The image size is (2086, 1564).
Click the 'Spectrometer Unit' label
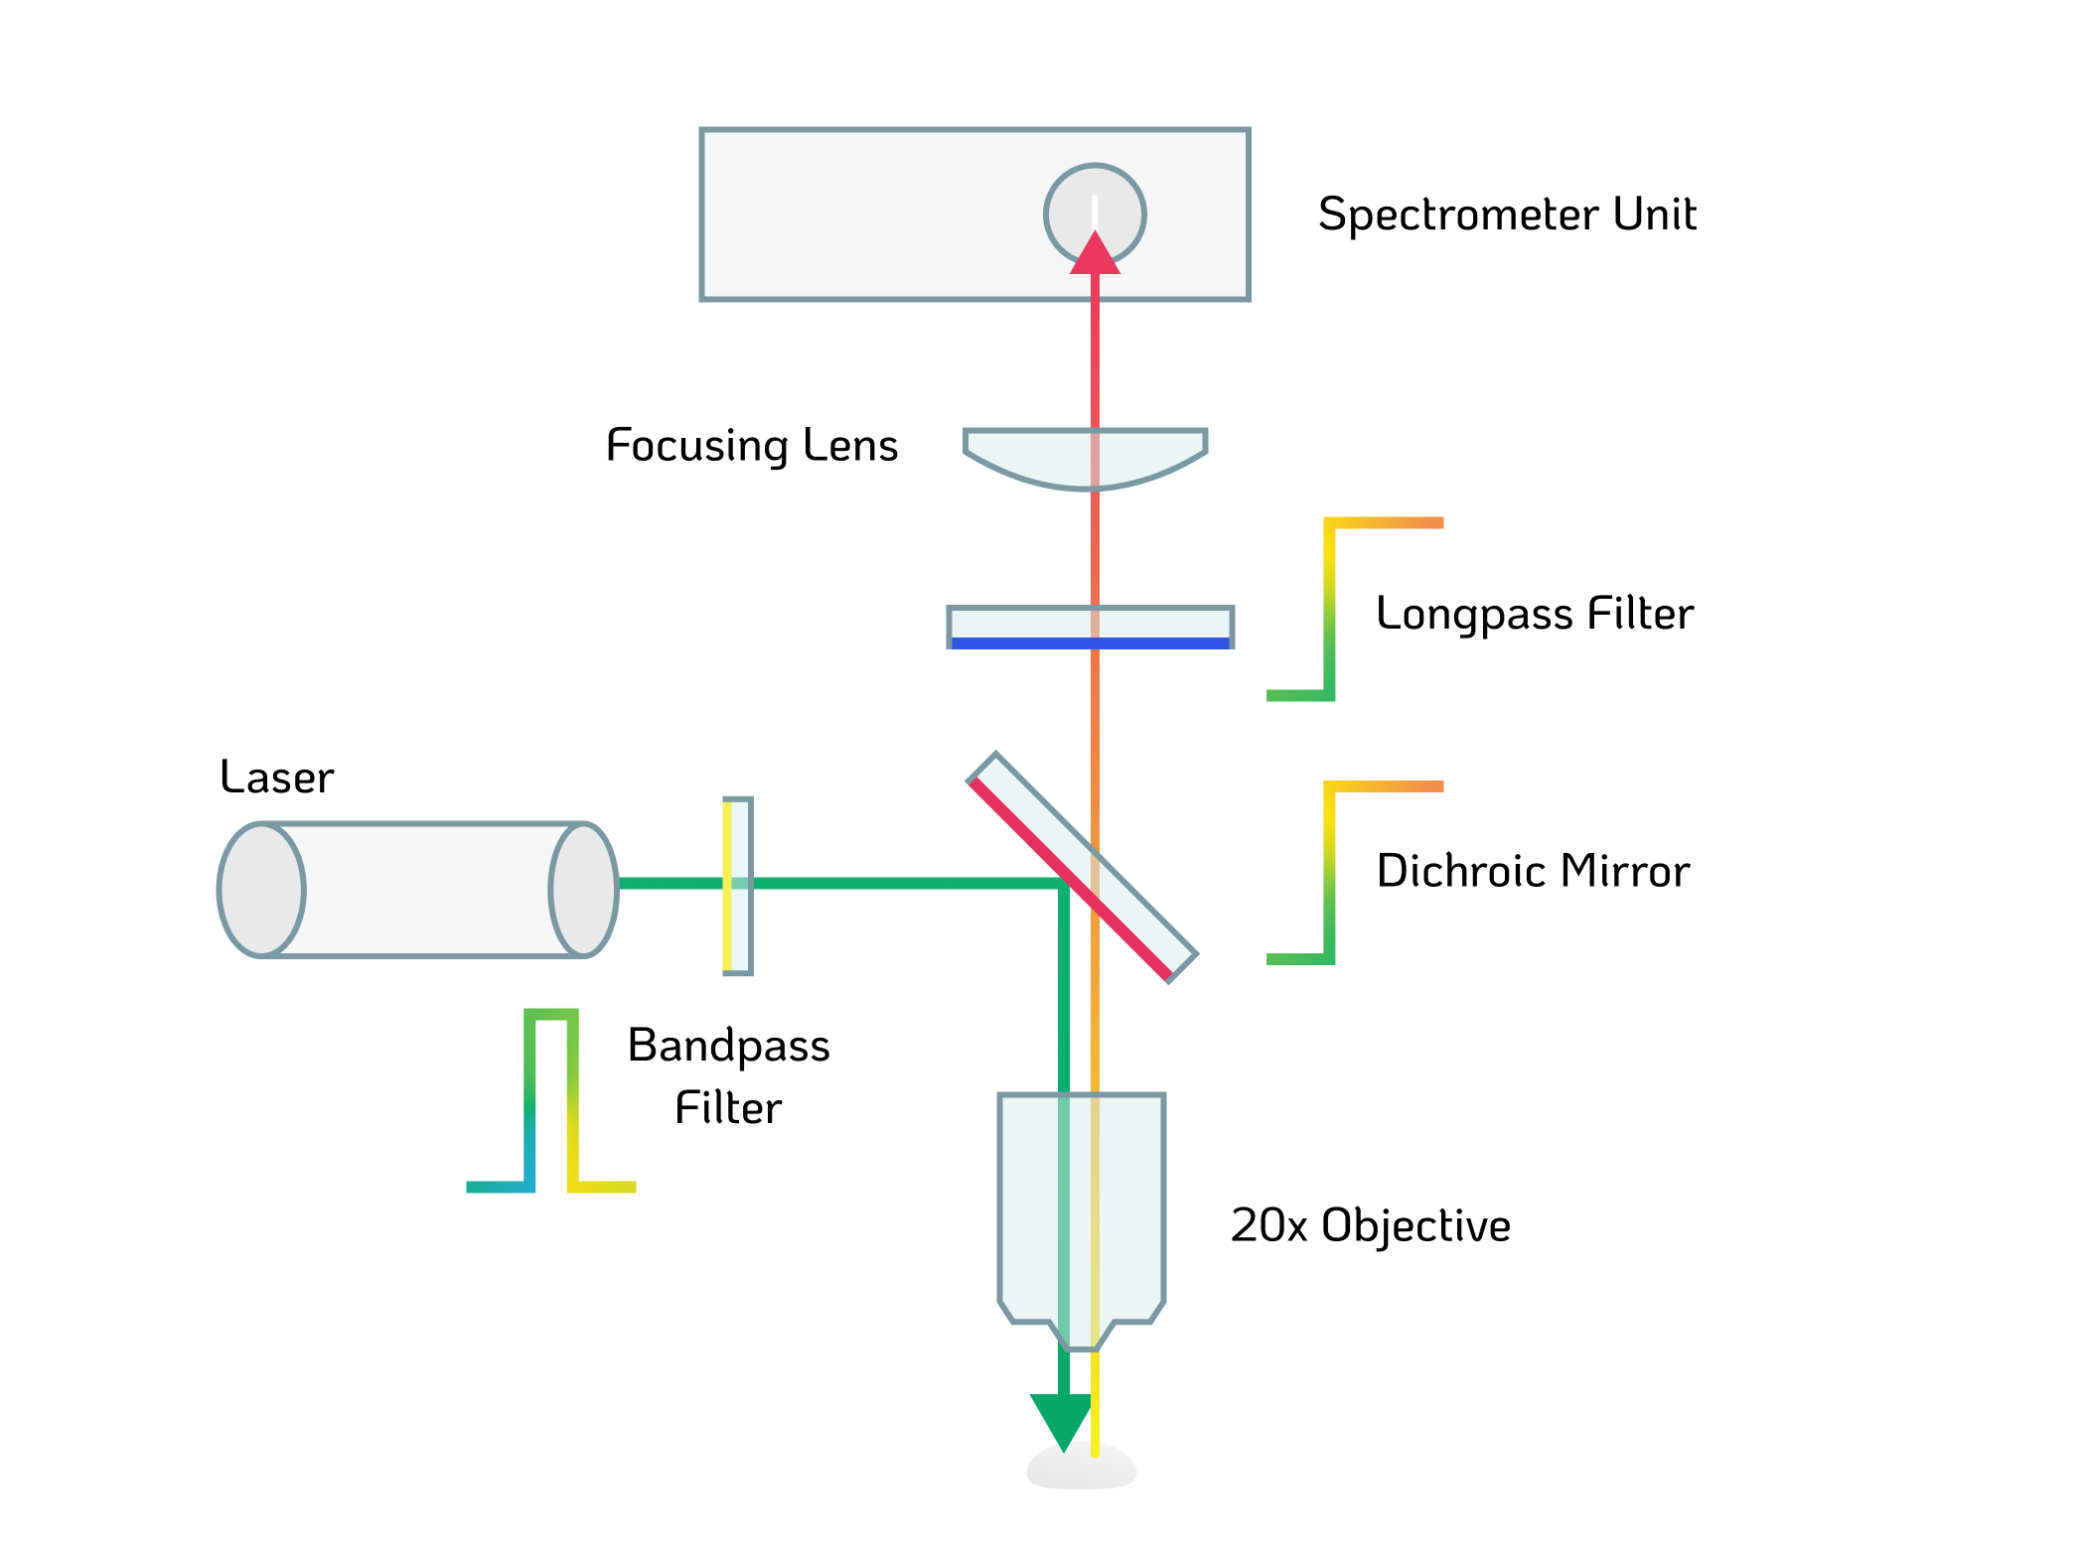pyautogui.click(x=1506, y=214)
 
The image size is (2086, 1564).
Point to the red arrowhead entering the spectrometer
pyautogui.click(x=1095, y=254)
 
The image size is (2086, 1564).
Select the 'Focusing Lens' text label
pyautogui.click(x=752, y=445)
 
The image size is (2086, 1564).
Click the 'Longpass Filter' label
pyautogui.click(x=1534, y=614)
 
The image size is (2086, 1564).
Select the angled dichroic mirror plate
pyautogui.click(x=1132, y=894)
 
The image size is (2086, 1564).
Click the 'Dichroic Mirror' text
pyautogui.click(x=1532, y=871)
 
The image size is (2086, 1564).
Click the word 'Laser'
pyautogui.click(x=276, y=777)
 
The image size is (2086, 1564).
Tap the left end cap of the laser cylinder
pyautogui.click(x=261, y=890)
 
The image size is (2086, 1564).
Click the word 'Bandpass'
pyautogui.click(x=728, y=1046)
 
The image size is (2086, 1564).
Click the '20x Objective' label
pyautogui.click(x=1370, y=1225)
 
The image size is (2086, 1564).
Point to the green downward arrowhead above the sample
pyautogui.click(x=1062, y=1418)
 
